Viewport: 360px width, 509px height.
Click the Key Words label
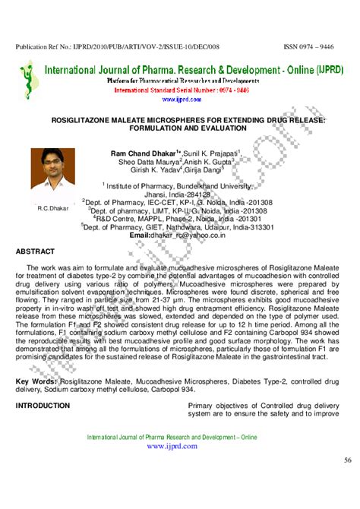pyautogui.click(x=35, y=380)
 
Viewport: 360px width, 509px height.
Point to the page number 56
pyautogui.click(x=347, y=460)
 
